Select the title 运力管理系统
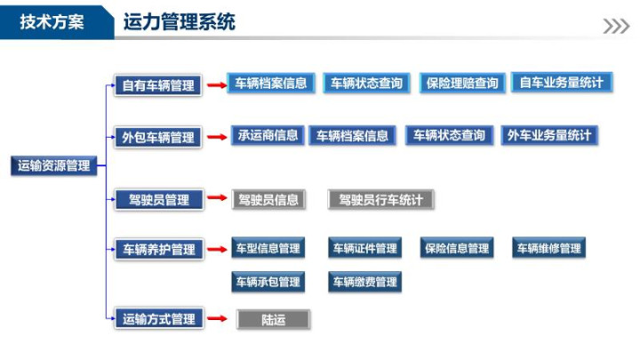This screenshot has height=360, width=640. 180,21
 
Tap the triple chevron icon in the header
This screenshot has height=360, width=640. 616,26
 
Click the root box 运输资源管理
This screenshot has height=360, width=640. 53,165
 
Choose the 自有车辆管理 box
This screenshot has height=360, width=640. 158,85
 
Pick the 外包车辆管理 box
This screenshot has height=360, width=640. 158,137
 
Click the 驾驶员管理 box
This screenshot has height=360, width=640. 159,200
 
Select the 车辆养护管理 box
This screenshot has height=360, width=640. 159,249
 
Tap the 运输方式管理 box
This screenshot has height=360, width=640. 159,318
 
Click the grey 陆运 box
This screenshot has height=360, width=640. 274,320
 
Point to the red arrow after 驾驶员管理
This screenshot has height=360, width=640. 217,197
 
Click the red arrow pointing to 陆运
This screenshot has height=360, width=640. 217,318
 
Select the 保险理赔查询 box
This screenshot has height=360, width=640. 462,84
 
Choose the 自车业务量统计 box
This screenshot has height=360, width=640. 562,83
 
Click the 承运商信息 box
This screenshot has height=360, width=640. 268,135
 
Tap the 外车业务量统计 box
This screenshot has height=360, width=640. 549,135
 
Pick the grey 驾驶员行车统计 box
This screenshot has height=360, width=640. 380,200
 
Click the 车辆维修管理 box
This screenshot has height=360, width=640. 549,248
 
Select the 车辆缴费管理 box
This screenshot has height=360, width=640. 365,282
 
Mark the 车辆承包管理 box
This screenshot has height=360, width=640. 268,282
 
